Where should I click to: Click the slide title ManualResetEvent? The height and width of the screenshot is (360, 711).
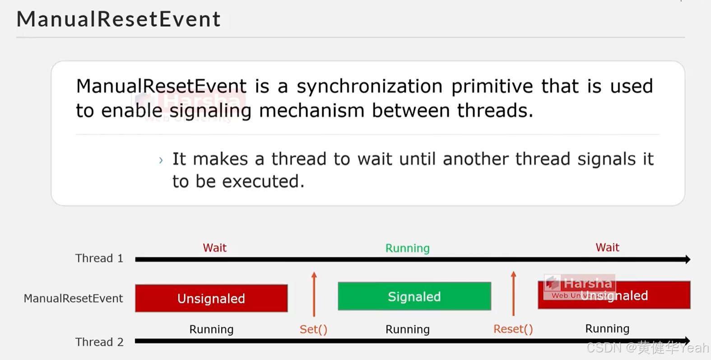coord(118,19)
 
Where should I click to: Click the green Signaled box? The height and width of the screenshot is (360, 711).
coord(414,296)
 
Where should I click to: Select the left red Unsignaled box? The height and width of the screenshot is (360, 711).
coord(211,298)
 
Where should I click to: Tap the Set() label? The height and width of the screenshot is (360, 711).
coord(313,329)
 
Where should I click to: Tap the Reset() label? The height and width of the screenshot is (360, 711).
coord(513,329)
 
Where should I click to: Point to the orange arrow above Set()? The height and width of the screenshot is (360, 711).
coord(314,294)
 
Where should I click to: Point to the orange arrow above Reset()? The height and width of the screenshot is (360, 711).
coord(513,293)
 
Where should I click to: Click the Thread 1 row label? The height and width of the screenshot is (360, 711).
coord(99,258)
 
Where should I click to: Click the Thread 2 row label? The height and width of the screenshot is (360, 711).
coord(99,342)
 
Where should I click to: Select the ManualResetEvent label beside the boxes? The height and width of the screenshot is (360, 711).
coord(73,298)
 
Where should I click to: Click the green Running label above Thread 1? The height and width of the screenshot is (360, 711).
coord(407,248)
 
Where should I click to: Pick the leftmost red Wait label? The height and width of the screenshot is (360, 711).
coord(214,248)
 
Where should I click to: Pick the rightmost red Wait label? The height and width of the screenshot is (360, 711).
coord(607,247)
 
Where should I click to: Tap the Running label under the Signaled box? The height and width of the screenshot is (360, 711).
coord(407,329)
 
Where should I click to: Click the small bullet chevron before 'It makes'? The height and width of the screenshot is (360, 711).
coord(161,160)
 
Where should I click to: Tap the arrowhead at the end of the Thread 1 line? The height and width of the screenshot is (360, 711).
coord(687,259)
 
